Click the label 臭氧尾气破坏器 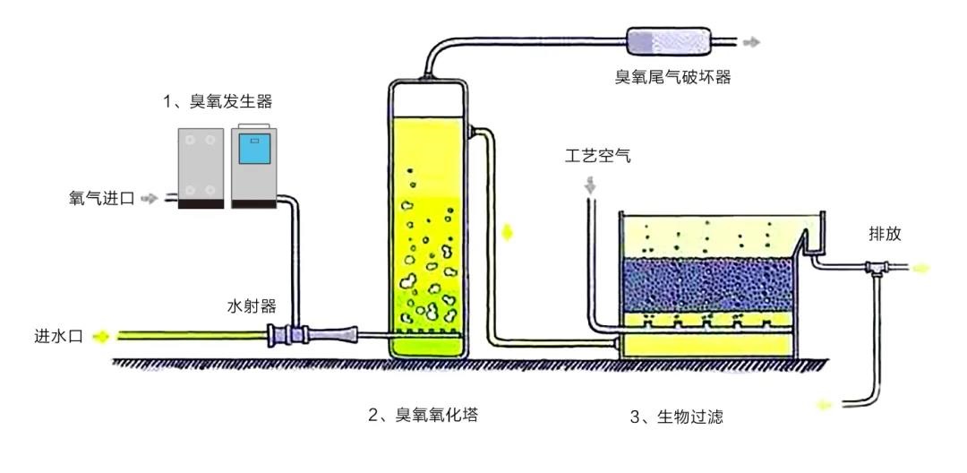672,77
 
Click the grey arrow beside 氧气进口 149,199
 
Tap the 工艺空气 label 598,158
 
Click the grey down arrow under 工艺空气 591,185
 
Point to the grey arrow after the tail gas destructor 752,41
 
